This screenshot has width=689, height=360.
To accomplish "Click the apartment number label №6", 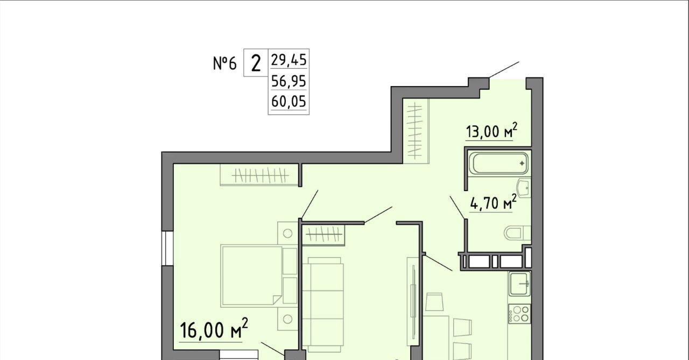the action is pyautogui.click(x=225, y=63).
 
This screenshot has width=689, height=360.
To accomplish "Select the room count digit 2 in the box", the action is pyautogui.click(x=256, y=63).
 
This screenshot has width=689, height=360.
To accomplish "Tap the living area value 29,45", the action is pyautogui.click(x=289, y=60).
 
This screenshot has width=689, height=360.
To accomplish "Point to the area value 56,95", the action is pyautogui.click(x=289, y=81).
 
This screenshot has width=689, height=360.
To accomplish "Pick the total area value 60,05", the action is pyautogui.click(x=289, y=102).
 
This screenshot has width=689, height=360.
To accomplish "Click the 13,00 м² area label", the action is pyautogui.click(x=491, y=131).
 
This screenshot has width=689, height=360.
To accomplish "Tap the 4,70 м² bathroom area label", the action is pyautogui.click(x=493, y=202).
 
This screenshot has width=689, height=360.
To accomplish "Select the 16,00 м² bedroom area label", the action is pyautogui.click(x=214, y=329).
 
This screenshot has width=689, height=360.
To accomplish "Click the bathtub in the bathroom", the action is pyautogui.click(x=500, y=163).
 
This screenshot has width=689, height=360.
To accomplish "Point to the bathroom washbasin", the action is pyautogui.click(x=524, y=187).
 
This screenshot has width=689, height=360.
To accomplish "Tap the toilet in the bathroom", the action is pyautogui.click(x=517, y=233).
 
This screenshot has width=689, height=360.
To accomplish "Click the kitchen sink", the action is pyautogui.click(x=519, y=284).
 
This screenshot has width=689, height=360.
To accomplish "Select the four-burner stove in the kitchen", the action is pyautogui.click(x=519, y=314).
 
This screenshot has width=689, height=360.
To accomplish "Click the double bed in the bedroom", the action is pyautogui.click(x=251, y=276).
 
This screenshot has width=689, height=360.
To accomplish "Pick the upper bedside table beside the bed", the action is pyautogui.click(x=287, y=234).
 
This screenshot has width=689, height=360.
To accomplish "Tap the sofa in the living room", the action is pyautogui.click(x=323, y=305).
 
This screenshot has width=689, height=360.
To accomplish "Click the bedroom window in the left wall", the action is pyautogui.click(x=167, y=248).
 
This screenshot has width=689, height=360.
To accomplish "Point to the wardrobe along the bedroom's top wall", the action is pyautogui.click(x=259, y=175).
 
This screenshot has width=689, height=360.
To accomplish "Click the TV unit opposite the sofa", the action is pyautogui.click(x=413, y=302).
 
